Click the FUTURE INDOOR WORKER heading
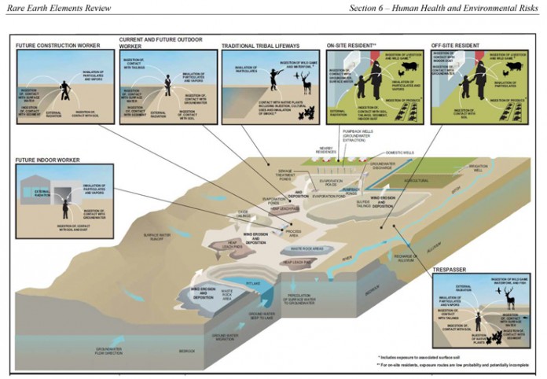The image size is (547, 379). pyautogui.click(x=49, y=160)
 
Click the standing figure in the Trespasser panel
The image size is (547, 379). pyautogui.click(x=476, y=322)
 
